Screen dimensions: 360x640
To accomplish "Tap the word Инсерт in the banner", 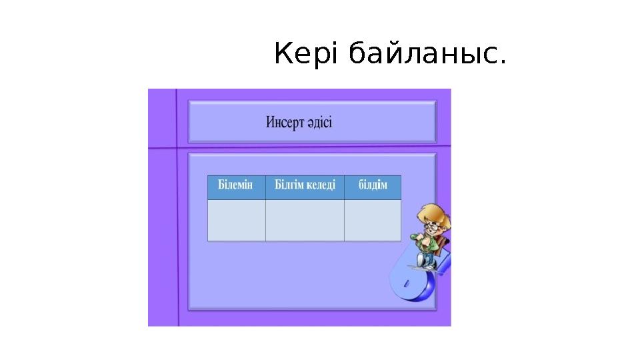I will click(x=286, y=123).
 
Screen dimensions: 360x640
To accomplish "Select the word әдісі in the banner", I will click(x=321, y=123).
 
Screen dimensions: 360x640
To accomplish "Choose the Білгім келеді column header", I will click(x=305, y=186).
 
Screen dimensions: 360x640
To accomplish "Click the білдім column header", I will click(x=373, y=186).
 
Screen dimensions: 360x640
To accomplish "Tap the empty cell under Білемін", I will click(x=237, y=220).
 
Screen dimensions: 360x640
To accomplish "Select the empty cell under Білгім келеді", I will click(x=305, y=220).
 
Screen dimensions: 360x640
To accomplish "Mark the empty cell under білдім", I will click(x=373, y=220).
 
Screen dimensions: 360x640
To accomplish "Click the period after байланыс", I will click(x=502, y=65).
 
